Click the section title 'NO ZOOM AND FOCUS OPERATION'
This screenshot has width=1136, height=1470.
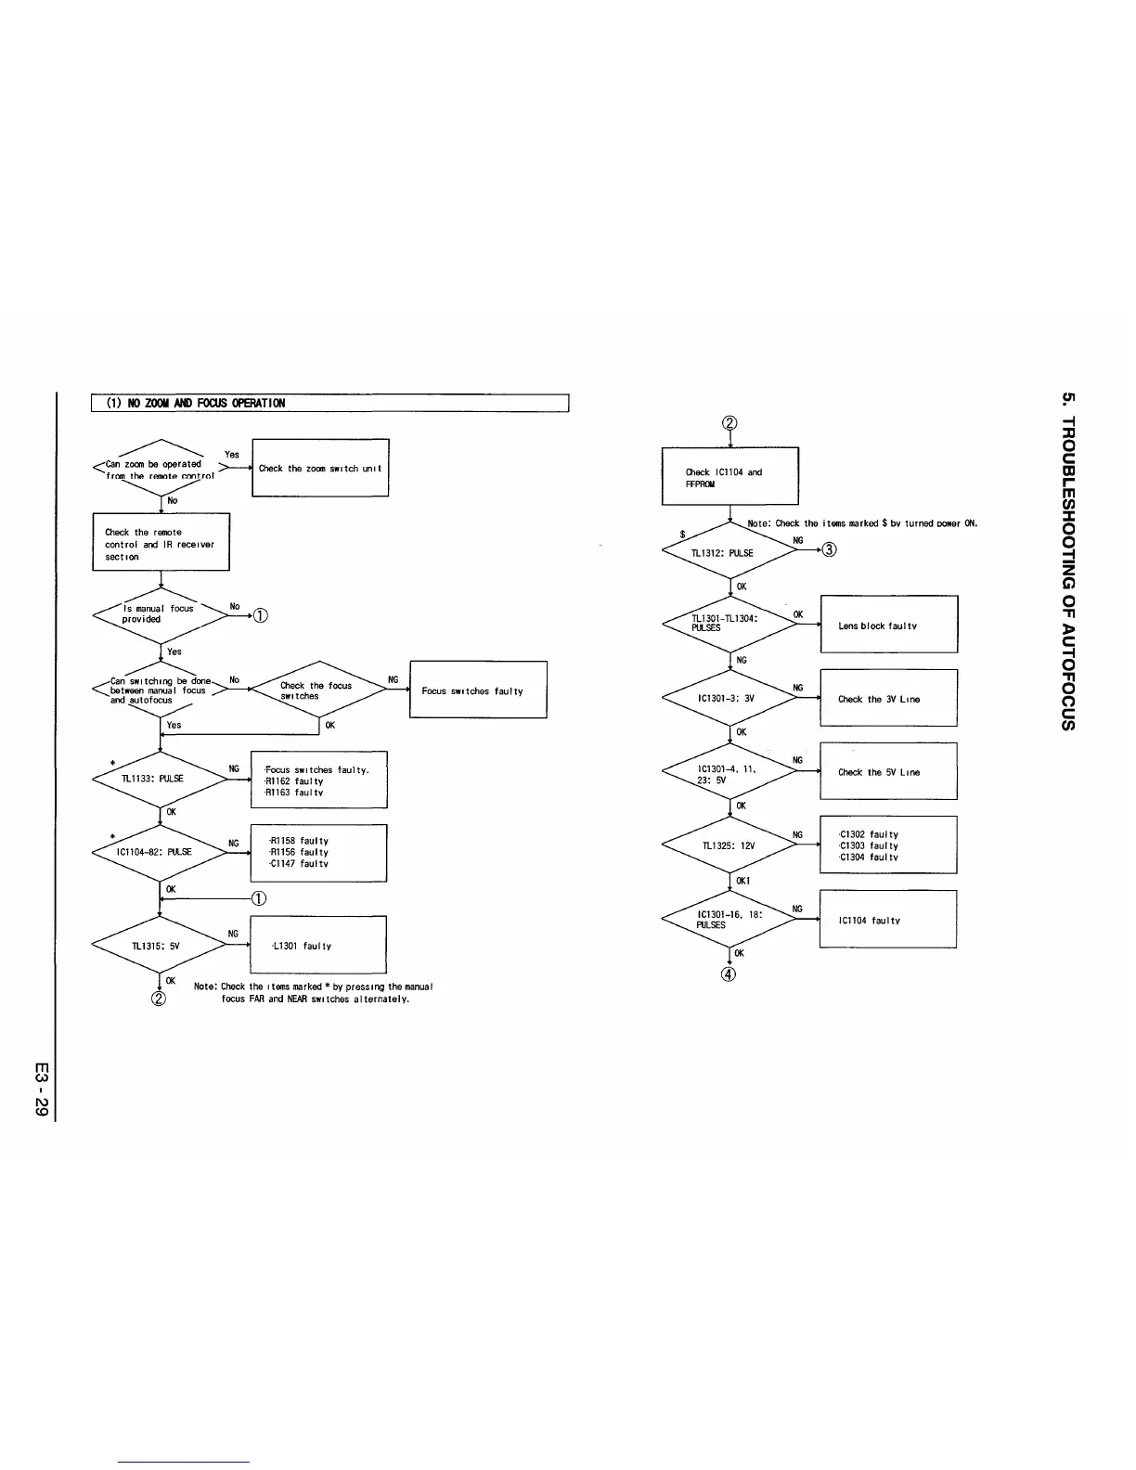point(196,403)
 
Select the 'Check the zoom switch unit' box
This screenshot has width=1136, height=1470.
point(320,469)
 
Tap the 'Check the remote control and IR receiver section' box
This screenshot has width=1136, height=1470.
point(161,543)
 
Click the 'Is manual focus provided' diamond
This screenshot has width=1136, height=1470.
point(161,614)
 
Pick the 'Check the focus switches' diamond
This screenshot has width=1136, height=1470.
point(318,690)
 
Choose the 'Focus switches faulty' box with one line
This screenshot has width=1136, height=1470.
point(478,690)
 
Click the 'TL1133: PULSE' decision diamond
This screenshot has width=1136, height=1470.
point(161,780)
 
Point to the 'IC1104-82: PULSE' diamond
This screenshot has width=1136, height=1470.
point(161,852)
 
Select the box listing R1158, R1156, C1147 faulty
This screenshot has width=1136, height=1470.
point(318,853)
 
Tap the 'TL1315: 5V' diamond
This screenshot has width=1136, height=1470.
point(161,946)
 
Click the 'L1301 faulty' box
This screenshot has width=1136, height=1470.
point(318,946)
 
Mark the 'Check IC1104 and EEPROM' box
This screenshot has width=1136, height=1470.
point(729,476)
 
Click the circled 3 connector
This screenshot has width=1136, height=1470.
point(830,549)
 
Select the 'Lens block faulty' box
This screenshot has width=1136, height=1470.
point(888,625)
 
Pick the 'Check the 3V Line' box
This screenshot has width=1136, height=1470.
point(888,699)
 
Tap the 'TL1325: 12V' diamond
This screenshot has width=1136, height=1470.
point(729,845)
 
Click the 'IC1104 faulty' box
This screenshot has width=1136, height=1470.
point(887,920)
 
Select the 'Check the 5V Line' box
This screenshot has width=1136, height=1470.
point(888,771)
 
